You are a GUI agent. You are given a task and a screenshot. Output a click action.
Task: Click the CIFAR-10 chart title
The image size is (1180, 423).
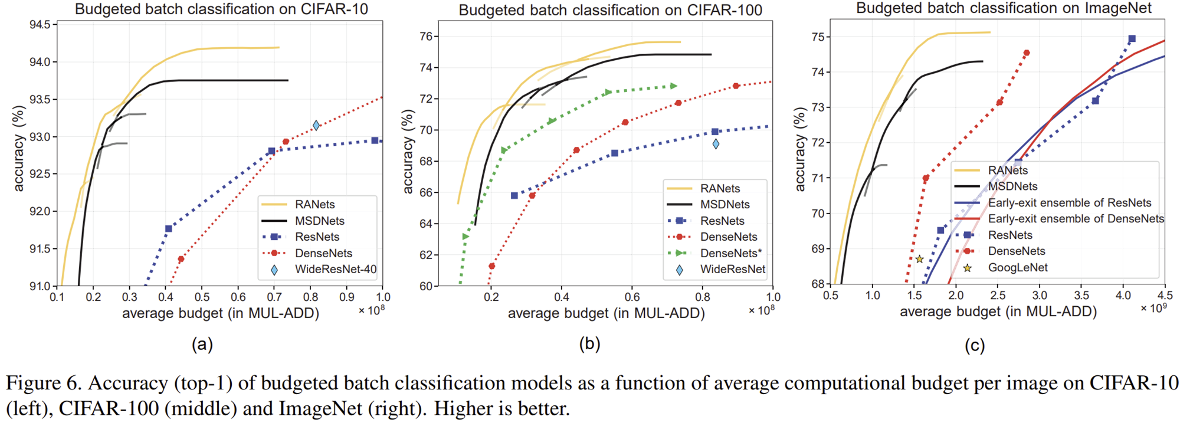tap(221, 9)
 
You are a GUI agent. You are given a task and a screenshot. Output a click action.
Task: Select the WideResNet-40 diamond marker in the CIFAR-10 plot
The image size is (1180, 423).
tap(316, 125)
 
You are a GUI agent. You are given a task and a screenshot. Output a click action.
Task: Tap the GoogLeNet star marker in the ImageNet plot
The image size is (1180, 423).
tap(919, 259)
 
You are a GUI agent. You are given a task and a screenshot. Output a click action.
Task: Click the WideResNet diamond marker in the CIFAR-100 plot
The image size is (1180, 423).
tap(716, 144)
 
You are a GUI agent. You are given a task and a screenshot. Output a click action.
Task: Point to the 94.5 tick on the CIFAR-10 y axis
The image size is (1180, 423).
tap(43, 25)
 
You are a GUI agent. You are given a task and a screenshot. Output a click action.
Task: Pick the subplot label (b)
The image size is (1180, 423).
tap(589, 344)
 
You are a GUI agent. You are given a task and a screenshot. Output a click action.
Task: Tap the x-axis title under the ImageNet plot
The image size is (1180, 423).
tap(998, 312)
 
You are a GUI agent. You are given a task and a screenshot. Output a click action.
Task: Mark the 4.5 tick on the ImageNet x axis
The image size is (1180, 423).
tap(1165, 295)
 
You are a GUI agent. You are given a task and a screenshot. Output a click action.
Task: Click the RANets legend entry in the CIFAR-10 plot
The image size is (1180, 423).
tap(314, 205)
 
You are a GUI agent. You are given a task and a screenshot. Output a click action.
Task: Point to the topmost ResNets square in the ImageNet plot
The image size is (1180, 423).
tap(1132, 39)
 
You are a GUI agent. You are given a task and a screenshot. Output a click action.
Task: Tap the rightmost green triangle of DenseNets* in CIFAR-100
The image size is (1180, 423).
tap(674, 86)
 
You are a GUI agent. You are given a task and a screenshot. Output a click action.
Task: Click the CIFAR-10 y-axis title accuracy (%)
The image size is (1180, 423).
tap(19, 149)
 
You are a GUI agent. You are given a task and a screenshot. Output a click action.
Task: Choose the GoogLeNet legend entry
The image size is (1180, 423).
tap(1018, 268)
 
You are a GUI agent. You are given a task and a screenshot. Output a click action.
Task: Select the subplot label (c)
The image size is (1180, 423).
tap(975, 346)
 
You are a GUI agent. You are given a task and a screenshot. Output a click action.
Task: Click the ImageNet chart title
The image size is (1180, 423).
tap(1004, 8)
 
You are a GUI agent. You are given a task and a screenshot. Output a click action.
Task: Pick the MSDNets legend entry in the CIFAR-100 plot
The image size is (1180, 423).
tap(725, 205)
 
